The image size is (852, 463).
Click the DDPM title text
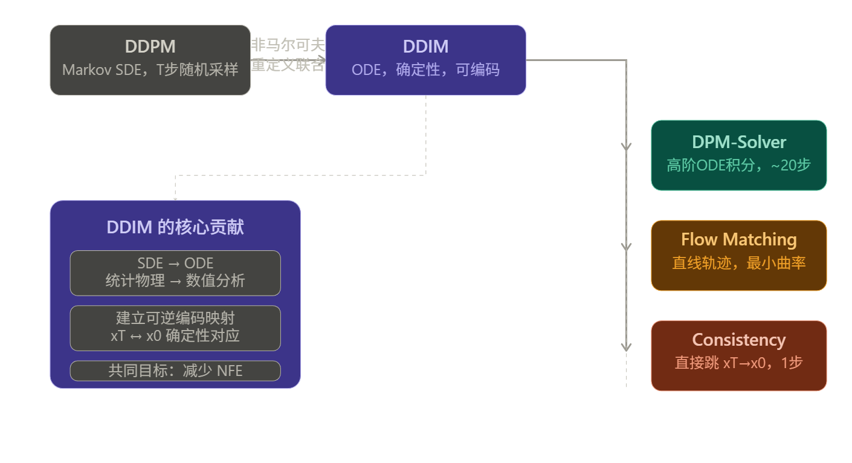(150, 47)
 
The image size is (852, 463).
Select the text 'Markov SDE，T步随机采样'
(150, 70)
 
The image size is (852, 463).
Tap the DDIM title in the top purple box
(425, 47)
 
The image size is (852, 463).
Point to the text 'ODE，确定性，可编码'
(425, 70)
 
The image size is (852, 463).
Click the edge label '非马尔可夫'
(288, 45)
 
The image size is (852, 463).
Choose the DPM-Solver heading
(738, 142)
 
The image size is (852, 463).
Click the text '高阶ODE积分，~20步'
(738, 165)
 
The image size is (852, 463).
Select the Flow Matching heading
(738, 239)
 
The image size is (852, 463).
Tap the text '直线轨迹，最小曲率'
(738, 263)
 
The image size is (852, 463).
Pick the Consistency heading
(738, 340)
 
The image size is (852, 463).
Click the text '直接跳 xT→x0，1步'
(738, 363)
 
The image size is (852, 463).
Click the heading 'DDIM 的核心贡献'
(175, 227)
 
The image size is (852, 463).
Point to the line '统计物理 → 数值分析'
(175, 281)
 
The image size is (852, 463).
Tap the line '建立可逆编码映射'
(175, 318)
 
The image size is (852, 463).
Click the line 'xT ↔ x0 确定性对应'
(175, 335)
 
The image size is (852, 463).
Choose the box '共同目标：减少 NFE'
(175, 371)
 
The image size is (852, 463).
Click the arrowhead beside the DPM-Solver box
(626, 147)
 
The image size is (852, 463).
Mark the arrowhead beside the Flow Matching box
(626, 247)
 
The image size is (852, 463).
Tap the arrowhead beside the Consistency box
(626, 348)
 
